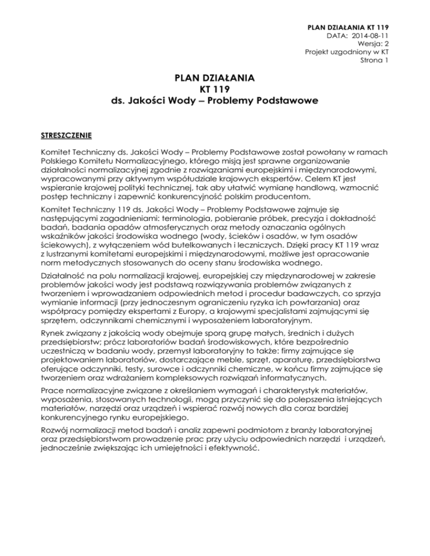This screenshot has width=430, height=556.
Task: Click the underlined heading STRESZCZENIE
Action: tap(65, 135)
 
